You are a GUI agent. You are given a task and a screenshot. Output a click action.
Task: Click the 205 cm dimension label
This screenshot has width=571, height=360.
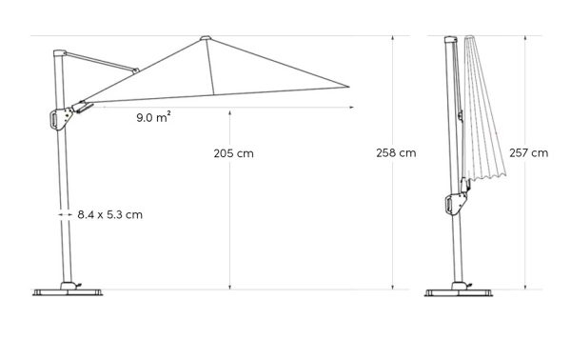(233, 153)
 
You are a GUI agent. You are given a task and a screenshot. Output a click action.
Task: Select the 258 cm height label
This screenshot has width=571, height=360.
(396, 152)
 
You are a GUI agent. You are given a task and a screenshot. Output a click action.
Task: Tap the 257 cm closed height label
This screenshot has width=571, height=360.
(529, 152)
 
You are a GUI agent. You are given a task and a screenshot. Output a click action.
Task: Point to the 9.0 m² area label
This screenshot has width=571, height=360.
(153, 117)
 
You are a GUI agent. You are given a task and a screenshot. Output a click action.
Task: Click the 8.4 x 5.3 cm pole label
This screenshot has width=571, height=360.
(110, 214)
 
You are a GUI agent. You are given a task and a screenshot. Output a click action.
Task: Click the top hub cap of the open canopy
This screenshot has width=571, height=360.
(206, 38)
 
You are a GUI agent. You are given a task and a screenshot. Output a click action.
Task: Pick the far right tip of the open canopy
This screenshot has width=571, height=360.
(349, 87)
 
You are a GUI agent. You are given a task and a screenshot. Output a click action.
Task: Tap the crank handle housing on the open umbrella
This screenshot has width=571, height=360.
(60, 118)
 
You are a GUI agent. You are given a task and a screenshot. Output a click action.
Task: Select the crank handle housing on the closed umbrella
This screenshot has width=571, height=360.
(455, 203)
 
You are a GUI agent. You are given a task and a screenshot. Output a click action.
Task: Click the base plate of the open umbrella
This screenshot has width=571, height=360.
(68, 292)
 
